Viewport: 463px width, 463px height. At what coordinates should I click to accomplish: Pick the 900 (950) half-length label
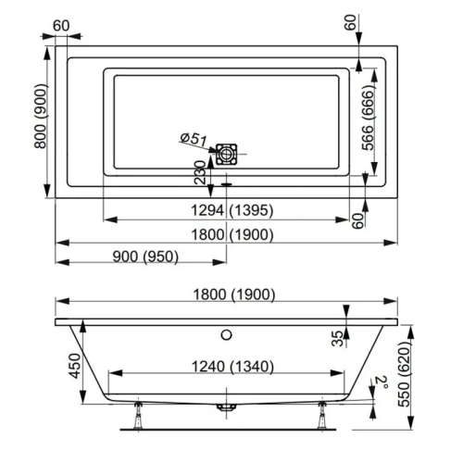141,257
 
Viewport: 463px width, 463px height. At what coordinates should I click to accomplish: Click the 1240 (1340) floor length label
227,366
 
